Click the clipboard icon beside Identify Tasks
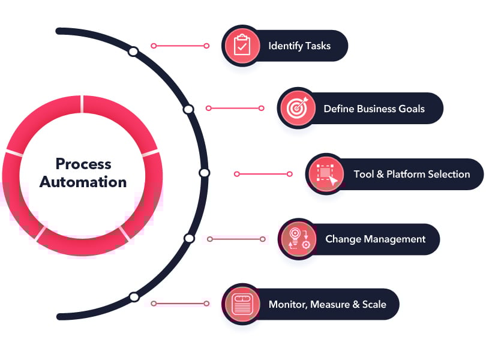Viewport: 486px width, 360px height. [x=242, y=46]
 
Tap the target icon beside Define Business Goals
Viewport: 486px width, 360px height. [x=296, y=109]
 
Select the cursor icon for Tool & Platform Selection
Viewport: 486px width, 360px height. [x=325, y=174]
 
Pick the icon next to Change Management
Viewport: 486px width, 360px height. [x=298, y=239]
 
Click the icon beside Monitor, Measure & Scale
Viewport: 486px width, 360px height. [x=242, y=304]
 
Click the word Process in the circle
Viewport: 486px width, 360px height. [x=83, y=163]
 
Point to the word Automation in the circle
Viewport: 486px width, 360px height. [x=83, y=182]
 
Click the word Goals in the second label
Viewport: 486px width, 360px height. [x=411, y=109]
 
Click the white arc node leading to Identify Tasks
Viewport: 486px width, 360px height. [x=133, y=52]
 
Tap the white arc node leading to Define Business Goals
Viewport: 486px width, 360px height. [x=188, y=109]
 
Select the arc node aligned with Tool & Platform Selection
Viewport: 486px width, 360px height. [x=204, y=173]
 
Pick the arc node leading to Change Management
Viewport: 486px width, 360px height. [x=189, y=238]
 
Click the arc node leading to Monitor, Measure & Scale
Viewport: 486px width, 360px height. [x=134, y=296]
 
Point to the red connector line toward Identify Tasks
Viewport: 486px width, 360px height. [x=180, y=46]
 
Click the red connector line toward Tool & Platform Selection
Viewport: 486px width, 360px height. [x=263, y=174]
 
